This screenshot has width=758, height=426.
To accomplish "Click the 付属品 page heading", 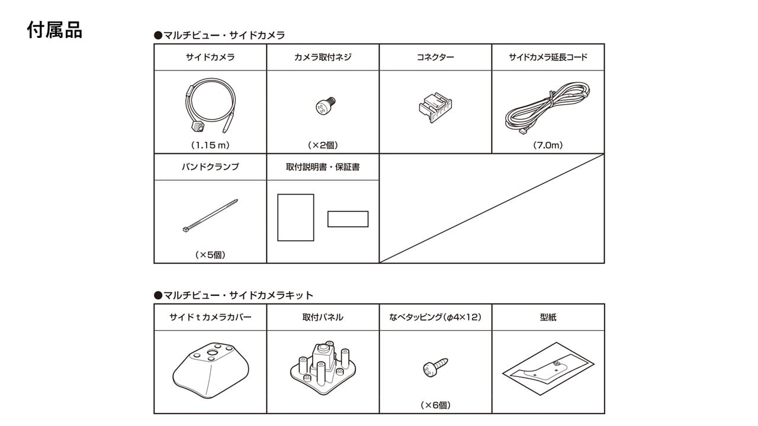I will tap(54, 30).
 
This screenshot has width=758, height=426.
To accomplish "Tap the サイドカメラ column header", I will tap(210, 57).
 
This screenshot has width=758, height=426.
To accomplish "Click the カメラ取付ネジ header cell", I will tap(323, 57).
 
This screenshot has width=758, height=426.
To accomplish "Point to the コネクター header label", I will tap(435, 57).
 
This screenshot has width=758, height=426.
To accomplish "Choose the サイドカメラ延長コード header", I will tap(548, 57).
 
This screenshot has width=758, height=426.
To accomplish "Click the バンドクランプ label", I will tap(210, 167).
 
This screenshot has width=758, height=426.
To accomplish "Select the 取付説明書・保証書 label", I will tap(323, 167).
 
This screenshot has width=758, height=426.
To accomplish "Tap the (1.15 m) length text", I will tap(210, 145).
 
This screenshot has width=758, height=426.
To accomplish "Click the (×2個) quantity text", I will tap(323, 145).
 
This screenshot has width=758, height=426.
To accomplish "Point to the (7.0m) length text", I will tap(548, 145).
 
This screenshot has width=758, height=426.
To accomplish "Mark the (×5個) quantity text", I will tap(210, 255).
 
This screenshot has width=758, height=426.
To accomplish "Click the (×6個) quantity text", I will tap(435, 405).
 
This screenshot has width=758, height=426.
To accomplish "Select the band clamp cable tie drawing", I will tap(210, 216).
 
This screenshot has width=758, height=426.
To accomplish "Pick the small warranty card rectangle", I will tap(348, 219).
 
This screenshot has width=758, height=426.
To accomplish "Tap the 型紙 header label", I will tap(548, 317).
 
